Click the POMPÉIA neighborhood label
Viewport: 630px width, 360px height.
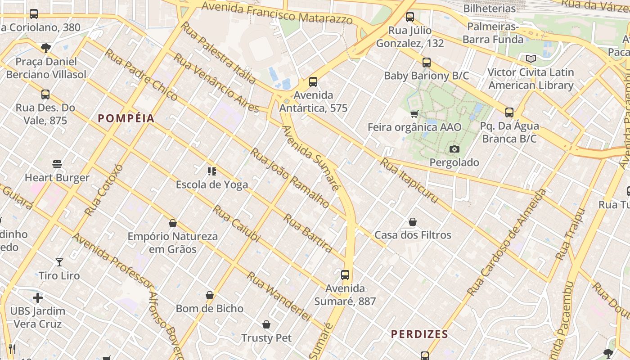[126, 118]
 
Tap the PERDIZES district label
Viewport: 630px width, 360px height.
[419, 334]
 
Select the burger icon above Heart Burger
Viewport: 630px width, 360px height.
[57, 164]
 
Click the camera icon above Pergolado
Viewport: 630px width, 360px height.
[454, 149]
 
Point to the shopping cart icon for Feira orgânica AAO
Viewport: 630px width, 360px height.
[414, 114]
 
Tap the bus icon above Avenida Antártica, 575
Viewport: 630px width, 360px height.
[313, 82]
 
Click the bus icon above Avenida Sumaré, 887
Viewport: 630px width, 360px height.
[345, 275]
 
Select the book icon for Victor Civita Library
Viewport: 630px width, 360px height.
[531, 58]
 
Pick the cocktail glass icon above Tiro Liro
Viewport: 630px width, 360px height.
[59, 262]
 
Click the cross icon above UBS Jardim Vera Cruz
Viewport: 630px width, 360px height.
[38, 297]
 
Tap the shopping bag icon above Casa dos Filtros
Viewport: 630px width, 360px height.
[413, 222]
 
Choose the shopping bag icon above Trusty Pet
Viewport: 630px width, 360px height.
[266, 324]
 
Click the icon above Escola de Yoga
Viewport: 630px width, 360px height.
[211, 171]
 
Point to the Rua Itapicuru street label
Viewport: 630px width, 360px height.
[409, 180]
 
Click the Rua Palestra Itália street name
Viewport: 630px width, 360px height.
[218, 53]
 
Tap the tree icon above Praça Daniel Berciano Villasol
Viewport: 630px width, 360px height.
[45, 48]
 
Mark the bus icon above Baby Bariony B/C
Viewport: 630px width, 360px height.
[426, 63]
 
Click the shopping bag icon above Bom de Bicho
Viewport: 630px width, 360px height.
[210, 295]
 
